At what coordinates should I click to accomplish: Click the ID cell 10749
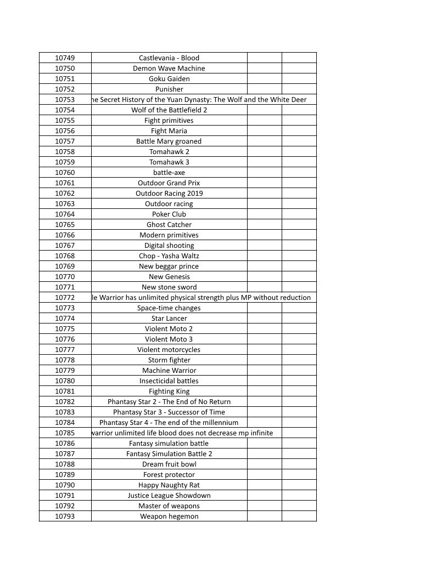coord(65,58)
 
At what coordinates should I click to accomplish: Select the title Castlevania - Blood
coord(169,58)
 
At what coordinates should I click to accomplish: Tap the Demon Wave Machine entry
coord(169,69)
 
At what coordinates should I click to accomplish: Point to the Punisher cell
coord(169,89)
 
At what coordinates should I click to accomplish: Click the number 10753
coord(65,100)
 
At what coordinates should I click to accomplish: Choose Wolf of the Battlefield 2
coord(169,110)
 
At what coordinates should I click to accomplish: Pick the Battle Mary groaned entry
coord(169,141)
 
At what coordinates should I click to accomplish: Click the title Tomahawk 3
coord(169,162)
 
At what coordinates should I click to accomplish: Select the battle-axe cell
coord(169,173)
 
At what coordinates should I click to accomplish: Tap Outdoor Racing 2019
coord(169,194)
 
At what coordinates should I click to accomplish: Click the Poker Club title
coord(169,214)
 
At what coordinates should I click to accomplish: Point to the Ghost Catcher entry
coord(169,225)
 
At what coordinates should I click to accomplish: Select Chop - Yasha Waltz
coord(169,256)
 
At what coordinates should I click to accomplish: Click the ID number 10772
coord(65,298)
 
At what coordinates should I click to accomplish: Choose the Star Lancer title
coord(169,319)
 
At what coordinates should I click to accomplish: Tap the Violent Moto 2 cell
coord(169,329)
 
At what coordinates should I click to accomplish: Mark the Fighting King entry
coord(169,391)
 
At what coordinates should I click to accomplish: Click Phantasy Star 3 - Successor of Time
coord(169,412)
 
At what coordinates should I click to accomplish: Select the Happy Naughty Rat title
coord(169,485)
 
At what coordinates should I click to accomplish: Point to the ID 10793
coord(65,516)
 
